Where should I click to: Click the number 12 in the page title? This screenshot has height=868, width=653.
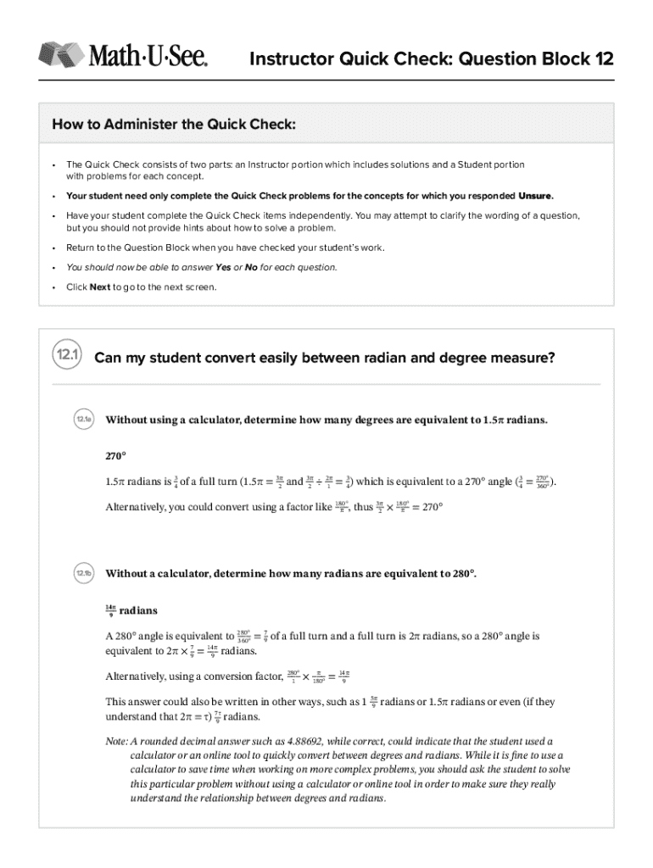pos(602,59)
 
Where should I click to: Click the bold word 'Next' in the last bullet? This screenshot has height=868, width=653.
pos(100,287)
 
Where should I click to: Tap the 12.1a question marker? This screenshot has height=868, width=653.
pos(83,420)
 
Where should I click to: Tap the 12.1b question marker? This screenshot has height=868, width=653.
pos(83,574)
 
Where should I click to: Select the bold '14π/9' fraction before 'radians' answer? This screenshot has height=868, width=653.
pos(110,609)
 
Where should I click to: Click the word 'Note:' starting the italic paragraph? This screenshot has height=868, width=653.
pos(117,741)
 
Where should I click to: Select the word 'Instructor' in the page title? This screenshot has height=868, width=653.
pos(287,59)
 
